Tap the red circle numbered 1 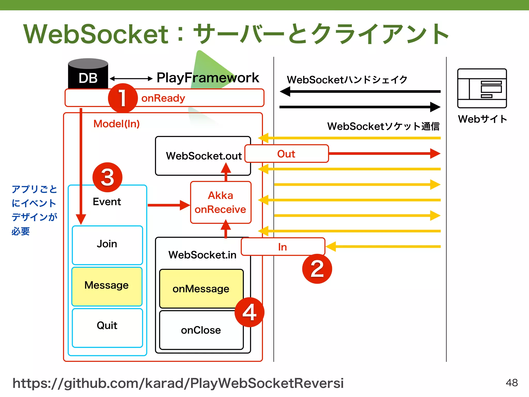[123, 98]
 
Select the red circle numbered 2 [317, 269]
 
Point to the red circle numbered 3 [107, 177]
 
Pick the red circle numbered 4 [249, 312]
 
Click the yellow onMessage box [201, 289]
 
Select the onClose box [201, 330]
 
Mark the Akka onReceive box [221, 202]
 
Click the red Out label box [286, 154]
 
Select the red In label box [283, 247]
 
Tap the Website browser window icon [482, 88]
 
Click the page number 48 [511, 383]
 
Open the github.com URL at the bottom [178, 383]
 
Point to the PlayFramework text [208, 78]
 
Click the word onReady [163, 98]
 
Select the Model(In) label [116, 124]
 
